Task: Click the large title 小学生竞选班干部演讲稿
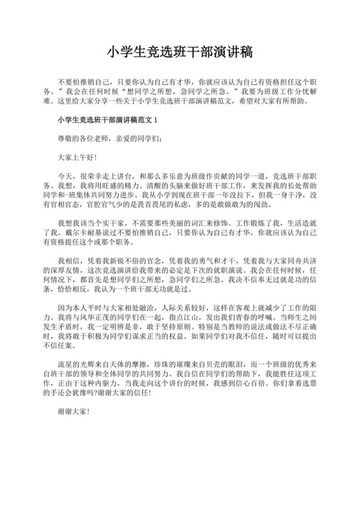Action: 180,52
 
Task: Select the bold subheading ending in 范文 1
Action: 107,120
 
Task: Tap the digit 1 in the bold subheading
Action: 155,120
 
